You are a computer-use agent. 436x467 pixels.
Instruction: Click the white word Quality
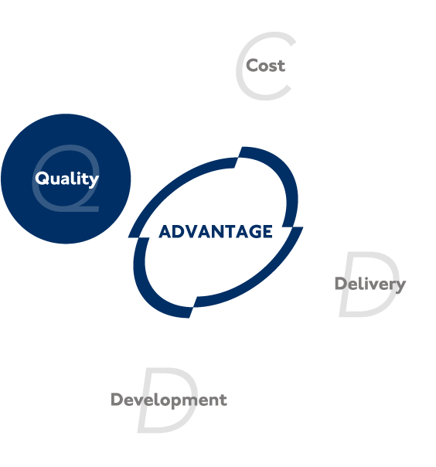(x=66, y=179)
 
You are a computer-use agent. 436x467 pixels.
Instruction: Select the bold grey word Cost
(x=265, y=66)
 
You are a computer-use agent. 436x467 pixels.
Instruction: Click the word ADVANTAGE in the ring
(x=216, y=232)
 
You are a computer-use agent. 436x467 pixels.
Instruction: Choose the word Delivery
(x=370, y=284)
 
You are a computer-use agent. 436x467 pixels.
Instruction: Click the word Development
(x=169, y=400)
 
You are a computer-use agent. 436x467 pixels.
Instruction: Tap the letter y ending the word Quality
(x=94, y=180)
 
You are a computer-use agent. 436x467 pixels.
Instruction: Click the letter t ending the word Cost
(x=281, y=66)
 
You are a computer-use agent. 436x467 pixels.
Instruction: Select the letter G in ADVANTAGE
(x=255, y=232)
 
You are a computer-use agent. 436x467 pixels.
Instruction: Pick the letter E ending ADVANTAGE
(x=267, y=232)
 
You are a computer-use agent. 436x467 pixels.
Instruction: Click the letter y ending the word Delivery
(x=400, y=286)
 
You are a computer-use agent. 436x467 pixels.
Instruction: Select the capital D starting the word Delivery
(x=341, y=283)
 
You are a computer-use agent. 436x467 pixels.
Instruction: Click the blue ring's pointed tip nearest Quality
(x=128, y=237)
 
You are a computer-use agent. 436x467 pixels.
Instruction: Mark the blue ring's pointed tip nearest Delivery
(x=303, y=227)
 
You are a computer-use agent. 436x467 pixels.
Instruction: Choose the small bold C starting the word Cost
(x=252, y=66)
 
